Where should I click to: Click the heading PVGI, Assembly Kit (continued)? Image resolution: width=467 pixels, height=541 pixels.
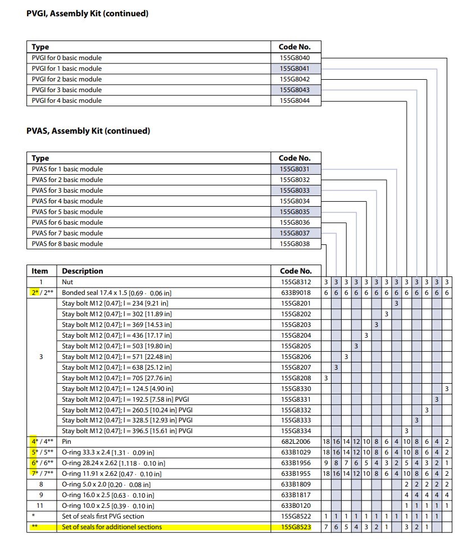88,13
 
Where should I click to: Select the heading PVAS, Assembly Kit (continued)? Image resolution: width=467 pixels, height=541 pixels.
88,131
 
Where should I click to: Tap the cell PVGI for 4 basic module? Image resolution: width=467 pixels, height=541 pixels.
67,101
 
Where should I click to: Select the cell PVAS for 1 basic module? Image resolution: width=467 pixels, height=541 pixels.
67,169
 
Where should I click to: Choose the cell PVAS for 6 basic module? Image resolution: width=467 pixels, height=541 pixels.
67,222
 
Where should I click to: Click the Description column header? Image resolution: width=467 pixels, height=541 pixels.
83,271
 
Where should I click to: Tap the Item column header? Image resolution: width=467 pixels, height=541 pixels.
40,271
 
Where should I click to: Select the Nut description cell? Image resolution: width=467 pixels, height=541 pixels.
67,282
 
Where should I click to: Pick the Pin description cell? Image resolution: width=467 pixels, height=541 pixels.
67,441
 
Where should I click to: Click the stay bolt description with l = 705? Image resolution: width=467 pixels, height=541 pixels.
116,378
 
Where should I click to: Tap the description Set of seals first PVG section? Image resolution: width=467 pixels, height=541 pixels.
103,516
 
